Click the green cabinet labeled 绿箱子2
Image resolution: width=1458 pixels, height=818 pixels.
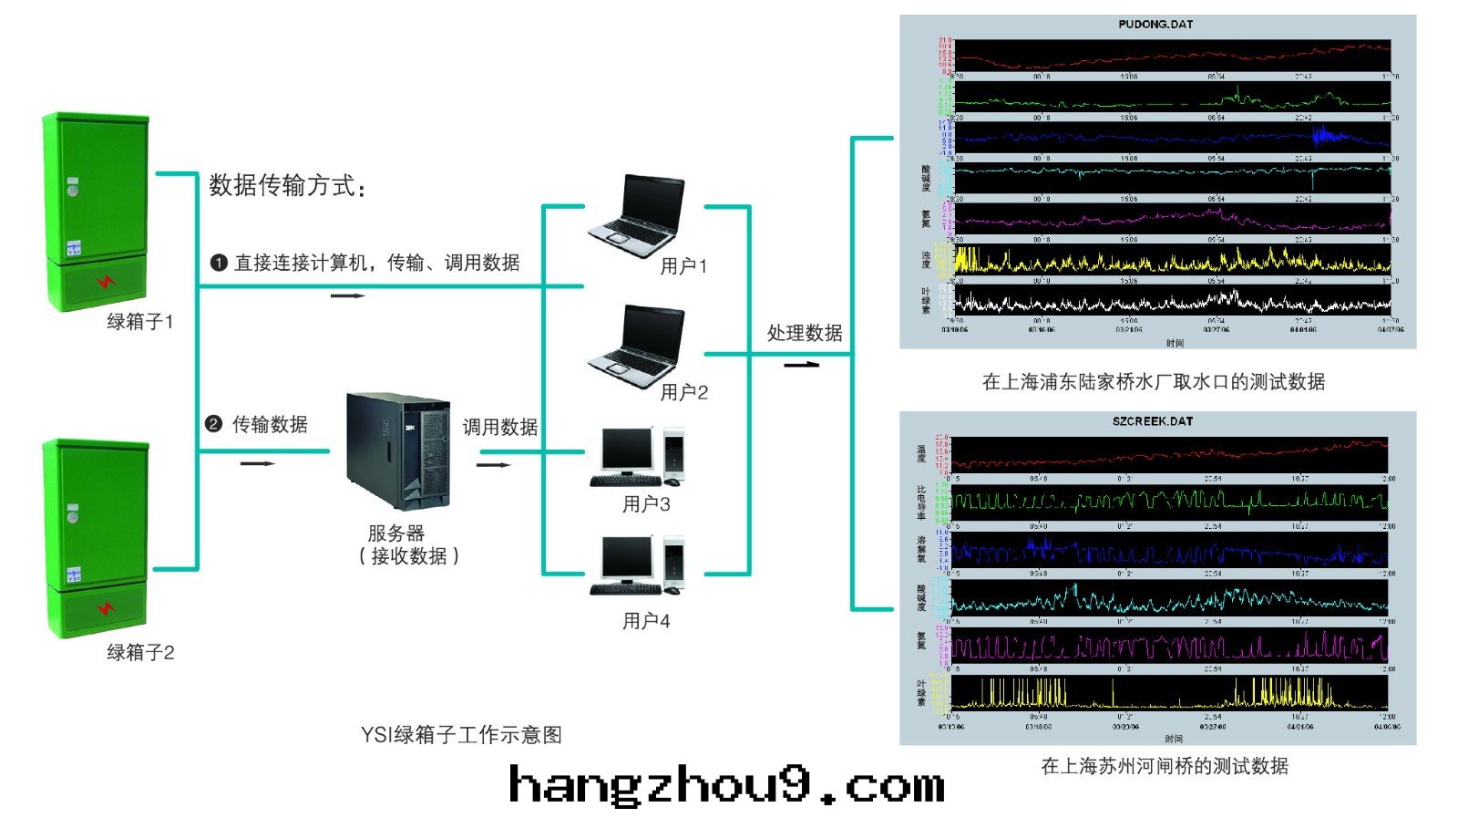pos(97,538)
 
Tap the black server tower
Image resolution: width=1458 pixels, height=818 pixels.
pos(399,450)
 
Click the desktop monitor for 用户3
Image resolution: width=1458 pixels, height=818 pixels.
pos(628,449)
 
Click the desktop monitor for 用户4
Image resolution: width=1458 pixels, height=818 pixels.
pos(628,558)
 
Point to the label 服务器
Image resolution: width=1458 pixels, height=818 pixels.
pos(395,533)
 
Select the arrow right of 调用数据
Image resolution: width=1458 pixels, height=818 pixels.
pos(494,464)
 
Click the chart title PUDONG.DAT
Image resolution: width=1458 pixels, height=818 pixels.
pos(1155,25)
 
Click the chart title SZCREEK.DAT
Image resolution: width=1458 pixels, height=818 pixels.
pos(1153,421)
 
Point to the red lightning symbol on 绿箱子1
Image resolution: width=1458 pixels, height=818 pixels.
pos(106,282)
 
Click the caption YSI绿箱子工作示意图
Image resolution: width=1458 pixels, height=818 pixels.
pos(461,735)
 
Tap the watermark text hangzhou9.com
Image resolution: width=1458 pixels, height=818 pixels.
pos(726,786)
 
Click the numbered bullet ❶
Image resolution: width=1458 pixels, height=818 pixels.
pos(219,263)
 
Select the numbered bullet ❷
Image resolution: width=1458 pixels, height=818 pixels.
pos(213,424)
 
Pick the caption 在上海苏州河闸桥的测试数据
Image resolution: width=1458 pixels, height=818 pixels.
pos(1165,766)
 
